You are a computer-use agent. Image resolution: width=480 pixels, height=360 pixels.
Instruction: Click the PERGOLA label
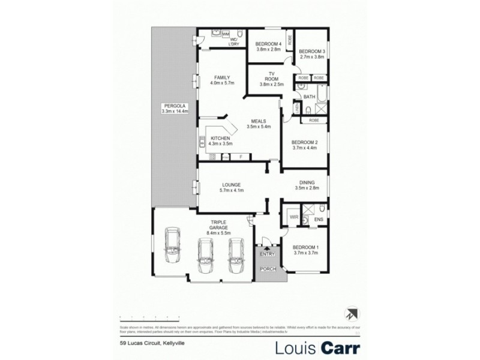pos(175,106)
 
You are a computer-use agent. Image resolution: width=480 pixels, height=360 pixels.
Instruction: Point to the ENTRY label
pos(266,254)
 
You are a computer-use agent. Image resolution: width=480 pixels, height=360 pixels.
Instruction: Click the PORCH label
pos(268,269)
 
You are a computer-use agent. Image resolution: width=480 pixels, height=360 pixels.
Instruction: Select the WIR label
pos(294,217)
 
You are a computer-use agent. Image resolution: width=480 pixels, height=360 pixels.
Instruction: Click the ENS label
pos(319,220)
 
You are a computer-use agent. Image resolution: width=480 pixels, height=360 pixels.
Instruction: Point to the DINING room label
pos(307,182)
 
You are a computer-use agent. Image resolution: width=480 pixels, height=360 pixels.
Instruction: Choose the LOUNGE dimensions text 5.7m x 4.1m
pos(231,190)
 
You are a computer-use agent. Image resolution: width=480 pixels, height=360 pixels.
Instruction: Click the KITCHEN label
pos(221,139)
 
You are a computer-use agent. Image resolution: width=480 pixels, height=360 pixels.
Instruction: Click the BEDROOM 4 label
pos(268,44)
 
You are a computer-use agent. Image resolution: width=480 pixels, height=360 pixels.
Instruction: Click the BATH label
pos(310,96)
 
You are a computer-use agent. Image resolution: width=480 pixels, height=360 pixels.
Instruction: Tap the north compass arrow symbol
pos(350,314)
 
